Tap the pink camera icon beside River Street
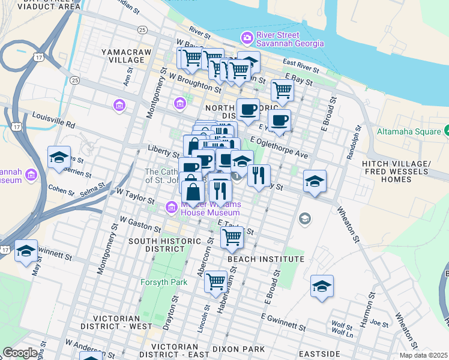pyautogui.click(x=247, y=39)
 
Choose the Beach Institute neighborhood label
pyautogui.click(x=266, y=259)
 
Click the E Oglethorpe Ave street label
pyautogui.click(x=279, y=148)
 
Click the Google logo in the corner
pyautogui.click(x=20, y=353)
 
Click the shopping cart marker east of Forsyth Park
pyautogui.click(x=215, y=281)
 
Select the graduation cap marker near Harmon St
pyautogui.click(x=322, y=286)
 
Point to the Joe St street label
pyautogui.click(x=379, y=322)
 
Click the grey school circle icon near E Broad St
pyautogui.click(x=305, y=218)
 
